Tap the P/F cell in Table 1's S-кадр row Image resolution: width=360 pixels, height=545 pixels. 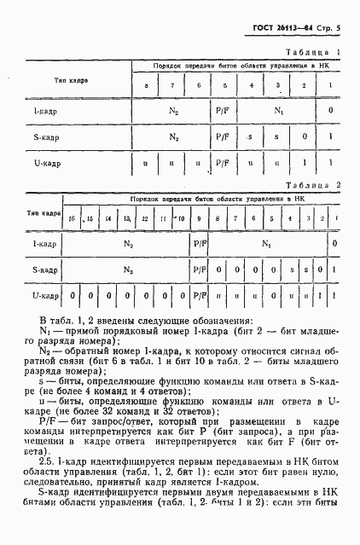[224, 136]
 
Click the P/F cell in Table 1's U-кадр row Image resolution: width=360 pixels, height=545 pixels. [224, 162]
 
